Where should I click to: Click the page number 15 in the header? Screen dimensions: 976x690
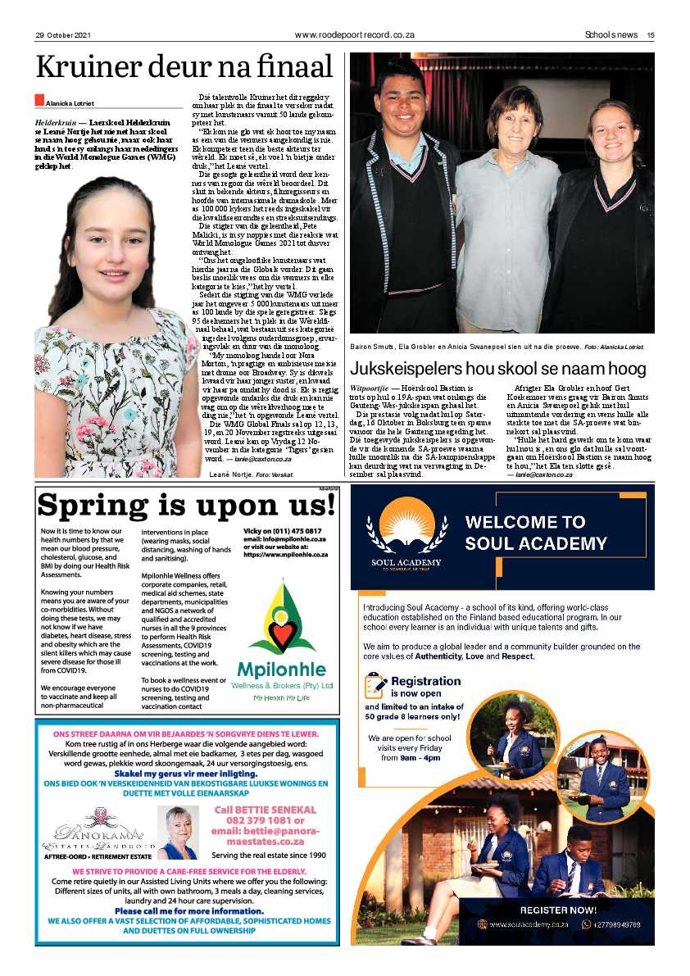click(x=650, y=35)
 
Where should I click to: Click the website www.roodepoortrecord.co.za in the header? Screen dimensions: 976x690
click(x=354, y=35)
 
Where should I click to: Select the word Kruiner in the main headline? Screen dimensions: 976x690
click(x=90, y=67)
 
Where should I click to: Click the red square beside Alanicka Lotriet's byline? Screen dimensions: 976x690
click(x=39, y=100)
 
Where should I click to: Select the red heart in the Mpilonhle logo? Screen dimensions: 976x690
click(x=282, y=636)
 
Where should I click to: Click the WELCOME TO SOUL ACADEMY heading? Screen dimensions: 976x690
click(x=536, y=533)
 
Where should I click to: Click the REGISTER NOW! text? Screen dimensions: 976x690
click(x=557, y=910)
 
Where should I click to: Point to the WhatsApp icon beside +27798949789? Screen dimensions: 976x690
click(x=586, y=924)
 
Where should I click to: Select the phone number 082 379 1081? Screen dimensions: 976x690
click(x=264, y=820)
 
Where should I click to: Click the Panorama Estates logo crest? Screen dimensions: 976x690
click(x=102, y=813)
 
